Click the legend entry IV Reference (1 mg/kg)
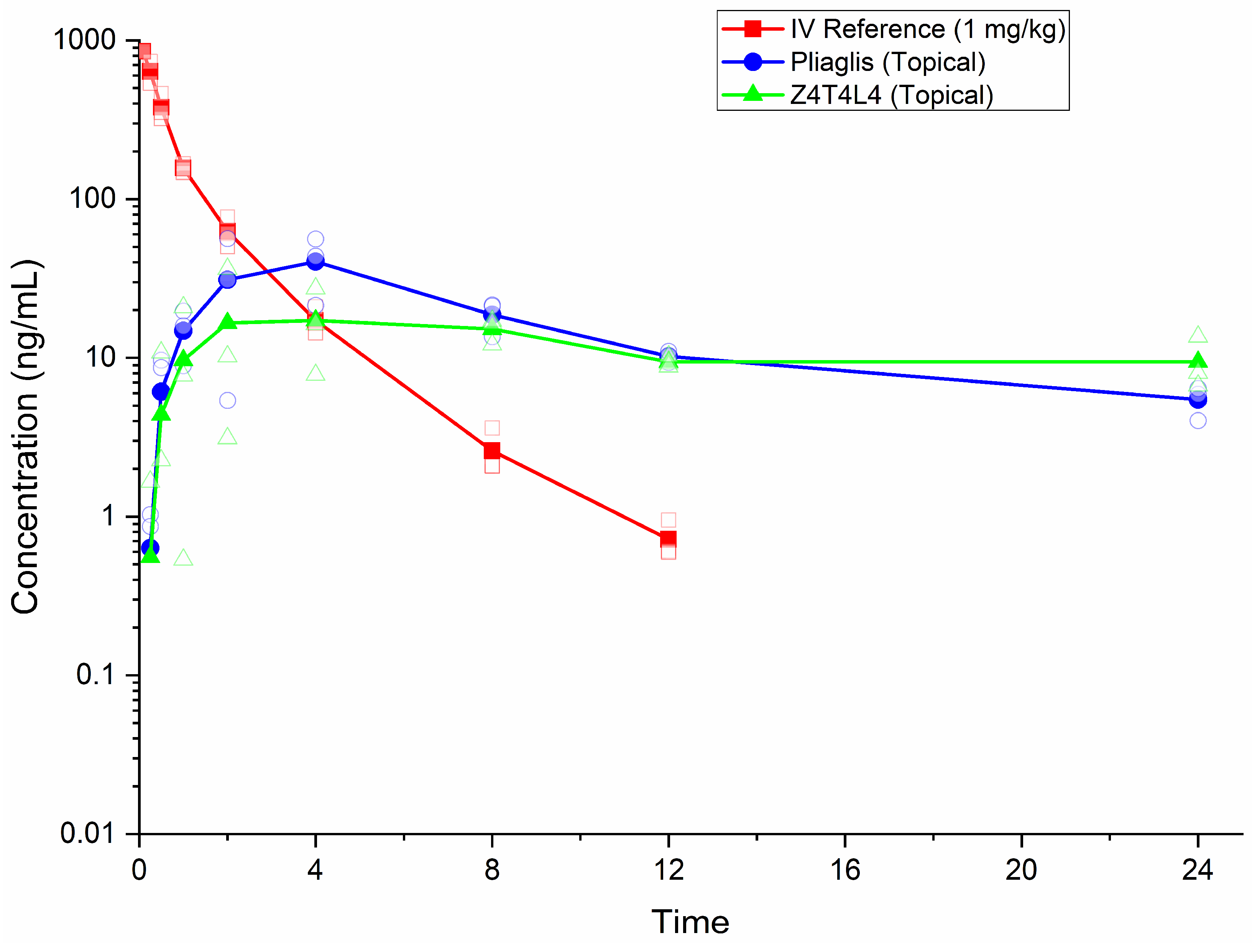point(927,30)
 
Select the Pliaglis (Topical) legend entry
point(887,62)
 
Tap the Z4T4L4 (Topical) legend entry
point(891,95)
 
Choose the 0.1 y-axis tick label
point(95,675)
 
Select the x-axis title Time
point(690,922)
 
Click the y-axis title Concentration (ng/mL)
point(25,436)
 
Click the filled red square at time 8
point(492,451)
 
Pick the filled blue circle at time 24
point(1198,400)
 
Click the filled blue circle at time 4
point(315,261)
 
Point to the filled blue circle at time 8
point(492,315)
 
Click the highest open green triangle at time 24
point(1198,335)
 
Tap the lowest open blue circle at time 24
point(1198,421)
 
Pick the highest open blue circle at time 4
point(315,239)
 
